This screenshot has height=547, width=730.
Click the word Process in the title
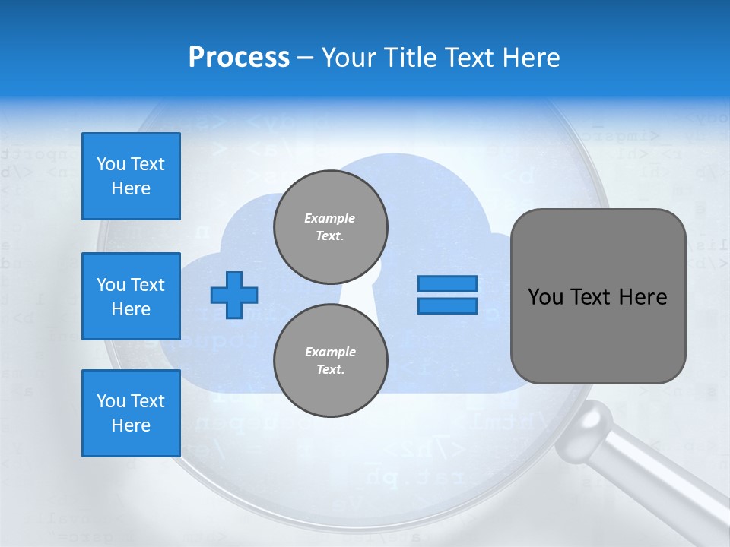click(x=239, y=58)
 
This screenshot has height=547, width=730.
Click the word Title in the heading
click(x=410, y=58)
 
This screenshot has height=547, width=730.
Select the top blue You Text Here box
click(x=131, y=176)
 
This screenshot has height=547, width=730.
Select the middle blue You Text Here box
click(x=131, y=296)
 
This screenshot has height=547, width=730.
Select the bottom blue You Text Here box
click(x=131, y=413)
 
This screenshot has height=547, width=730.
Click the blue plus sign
click(x=234, y=295)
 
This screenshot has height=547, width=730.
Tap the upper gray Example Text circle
click(x=331, y=227)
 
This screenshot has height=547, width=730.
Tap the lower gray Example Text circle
click(x=331, y=361)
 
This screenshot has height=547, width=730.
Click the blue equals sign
click(x=447, y=295)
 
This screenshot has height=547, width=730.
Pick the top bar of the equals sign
click(x=447, y=284)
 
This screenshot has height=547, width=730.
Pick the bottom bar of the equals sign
click(x=447, y=305)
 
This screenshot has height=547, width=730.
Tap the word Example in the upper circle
click(x=330, y=218)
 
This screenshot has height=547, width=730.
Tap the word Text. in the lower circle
click(x=330, y=370)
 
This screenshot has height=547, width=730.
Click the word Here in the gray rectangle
click(x=643, y=297)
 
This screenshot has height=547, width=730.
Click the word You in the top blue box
click(x=111, y=164)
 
